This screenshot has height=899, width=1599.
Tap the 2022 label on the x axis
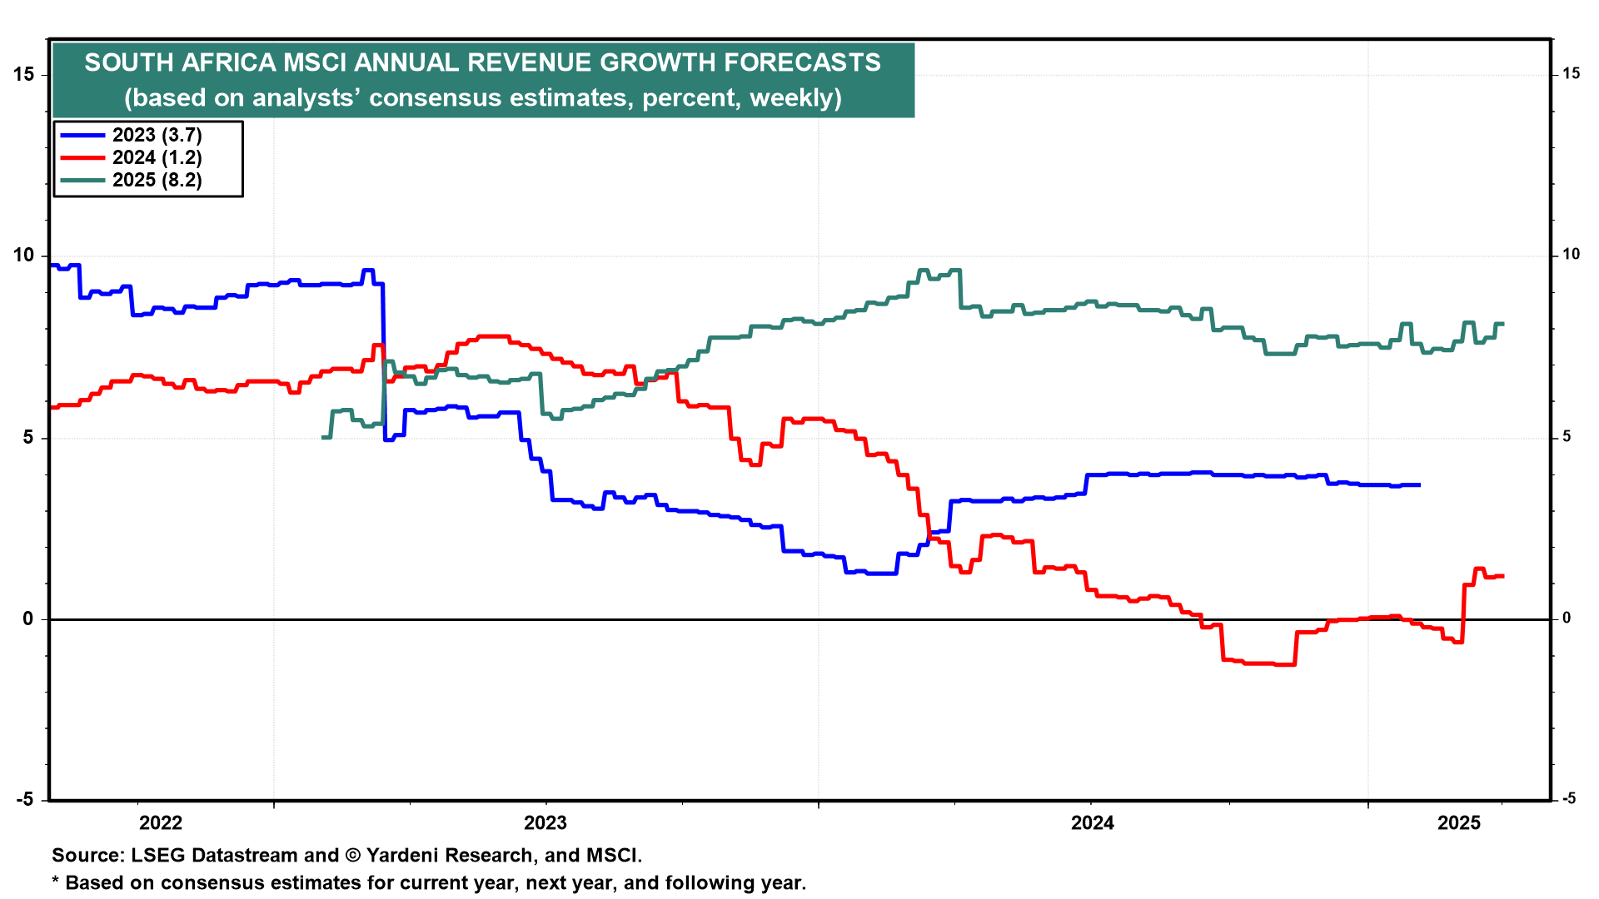point(161,823)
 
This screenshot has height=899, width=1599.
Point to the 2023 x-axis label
point(545,823)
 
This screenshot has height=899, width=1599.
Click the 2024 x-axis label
point(1093,823)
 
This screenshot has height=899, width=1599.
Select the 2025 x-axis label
point(1460,823)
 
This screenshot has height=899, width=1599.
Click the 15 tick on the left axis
point(24,74)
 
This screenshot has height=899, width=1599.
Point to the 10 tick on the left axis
point(24,256)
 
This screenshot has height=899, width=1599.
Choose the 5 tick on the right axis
point(1567,437)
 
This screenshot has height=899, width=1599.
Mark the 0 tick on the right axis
point(1567,618)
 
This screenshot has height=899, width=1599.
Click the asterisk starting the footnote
point(56,881)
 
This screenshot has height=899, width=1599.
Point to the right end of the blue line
point(1419,484)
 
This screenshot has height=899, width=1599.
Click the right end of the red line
point(1502,576)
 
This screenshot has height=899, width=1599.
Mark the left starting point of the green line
point(323,437)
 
